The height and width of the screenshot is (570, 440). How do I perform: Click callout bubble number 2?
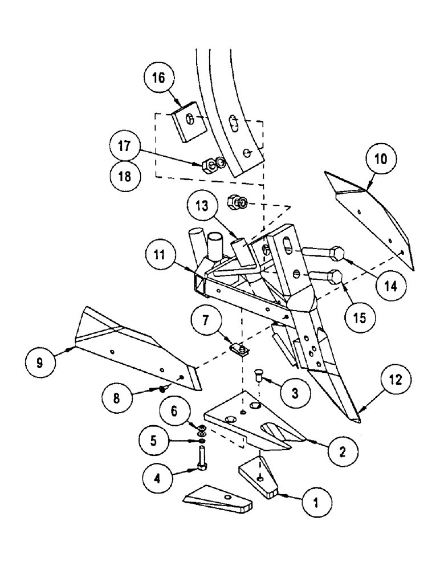pyautogui.click(x=341, y=451)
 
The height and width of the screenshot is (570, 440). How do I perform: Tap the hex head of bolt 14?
pyautogui.click(x=336, y=253)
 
